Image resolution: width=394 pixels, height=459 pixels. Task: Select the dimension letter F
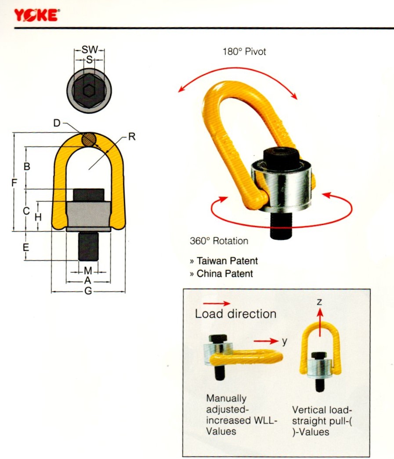14,182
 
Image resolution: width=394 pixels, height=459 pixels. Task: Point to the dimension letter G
88,291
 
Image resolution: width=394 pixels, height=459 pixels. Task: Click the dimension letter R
131,137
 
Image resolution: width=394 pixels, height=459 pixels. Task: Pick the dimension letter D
57,124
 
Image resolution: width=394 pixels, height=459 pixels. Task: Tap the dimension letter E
26,247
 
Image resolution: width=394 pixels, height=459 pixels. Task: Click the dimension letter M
88,270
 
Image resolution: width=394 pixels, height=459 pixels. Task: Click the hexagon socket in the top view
89,90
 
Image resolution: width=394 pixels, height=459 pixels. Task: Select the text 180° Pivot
244,52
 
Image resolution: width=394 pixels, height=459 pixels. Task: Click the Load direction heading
235,314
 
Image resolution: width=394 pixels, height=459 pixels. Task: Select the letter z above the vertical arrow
320,302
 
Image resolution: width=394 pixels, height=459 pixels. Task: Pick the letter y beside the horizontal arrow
285,341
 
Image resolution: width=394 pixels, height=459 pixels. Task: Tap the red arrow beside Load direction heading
216,303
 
